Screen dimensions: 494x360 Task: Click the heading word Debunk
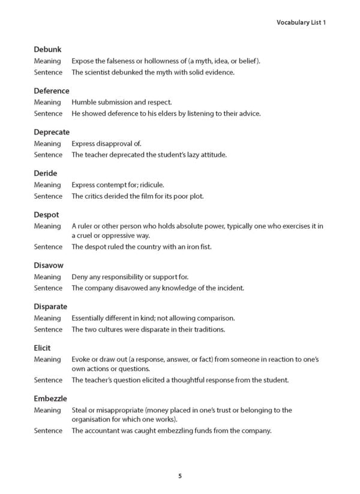(47, 49)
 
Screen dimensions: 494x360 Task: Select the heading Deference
(52, 91)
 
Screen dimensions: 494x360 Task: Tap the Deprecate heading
(52, 132)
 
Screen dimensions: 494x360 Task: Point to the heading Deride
(46, 173)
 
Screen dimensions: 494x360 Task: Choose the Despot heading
(46, 214)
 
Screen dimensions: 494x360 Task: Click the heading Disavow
(49, 265)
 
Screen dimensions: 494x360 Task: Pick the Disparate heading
(50, 307)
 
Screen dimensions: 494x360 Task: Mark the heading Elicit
(42, 348)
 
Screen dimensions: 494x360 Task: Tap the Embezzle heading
(50, 399)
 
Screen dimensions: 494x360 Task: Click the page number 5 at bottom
(180, 476)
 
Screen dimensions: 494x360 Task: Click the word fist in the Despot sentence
(205, 247)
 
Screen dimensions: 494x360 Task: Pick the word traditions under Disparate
(207, 329)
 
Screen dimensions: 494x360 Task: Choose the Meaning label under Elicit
(47, 359)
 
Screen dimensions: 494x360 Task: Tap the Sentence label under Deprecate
(48, 154)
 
